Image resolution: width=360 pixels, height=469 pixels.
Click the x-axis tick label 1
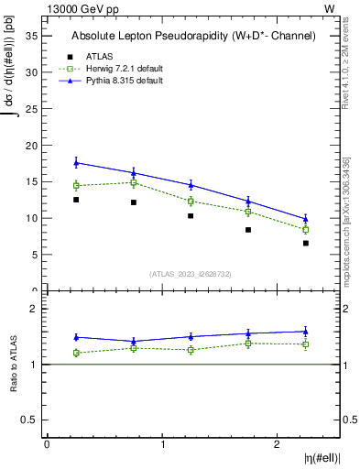tap(162, 444)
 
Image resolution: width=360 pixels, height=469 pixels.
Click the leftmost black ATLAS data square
tap(76, 200)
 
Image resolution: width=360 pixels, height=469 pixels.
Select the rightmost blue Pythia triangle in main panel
tap(306, 218)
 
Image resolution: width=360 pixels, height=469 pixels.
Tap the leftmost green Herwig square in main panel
tap(76, 186)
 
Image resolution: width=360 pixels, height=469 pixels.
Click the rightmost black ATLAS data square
tap(306, 243)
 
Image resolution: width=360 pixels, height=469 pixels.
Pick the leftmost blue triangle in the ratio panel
tap(76, 337)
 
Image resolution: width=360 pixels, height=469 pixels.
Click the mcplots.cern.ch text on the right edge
tap(347, 247)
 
